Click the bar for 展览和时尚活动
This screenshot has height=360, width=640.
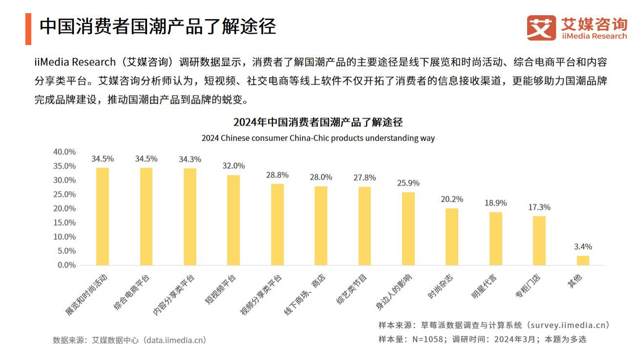pos(103,216)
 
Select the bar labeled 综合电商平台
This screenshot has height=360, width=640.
pos(146,216)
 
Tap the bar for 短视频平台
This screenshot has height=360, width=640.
pos(234,220)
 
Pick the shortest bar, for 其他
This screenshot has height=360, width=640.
pos(583,260)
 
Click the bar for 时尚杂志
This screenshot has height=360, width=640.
pos(452,236)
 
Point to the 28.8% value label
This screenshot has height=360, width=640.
pos(277,175)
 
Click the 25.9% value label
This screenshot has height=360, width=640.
pos(408,183)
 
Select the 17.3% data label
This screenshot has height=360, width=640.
pos(539,207)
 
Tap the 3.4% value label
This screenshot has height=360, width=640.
pos(583,247)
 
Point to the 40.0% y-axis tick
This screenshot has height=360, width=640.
pos(64,152)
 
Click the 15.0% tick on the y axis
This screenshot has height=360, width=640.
pos(64,223)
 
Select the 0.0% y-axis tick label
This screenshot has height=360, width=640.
pos(66,265)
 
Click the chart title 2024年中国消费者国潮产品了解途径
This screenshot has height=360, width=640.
pos(318,122)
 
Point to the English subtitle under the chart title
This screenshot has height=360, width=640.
pos(318,138)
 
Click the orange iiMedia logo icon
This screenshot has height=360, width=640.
pos(541,27)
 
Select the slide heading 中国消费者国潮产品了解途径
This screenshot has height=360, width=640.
pos(158,26)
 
